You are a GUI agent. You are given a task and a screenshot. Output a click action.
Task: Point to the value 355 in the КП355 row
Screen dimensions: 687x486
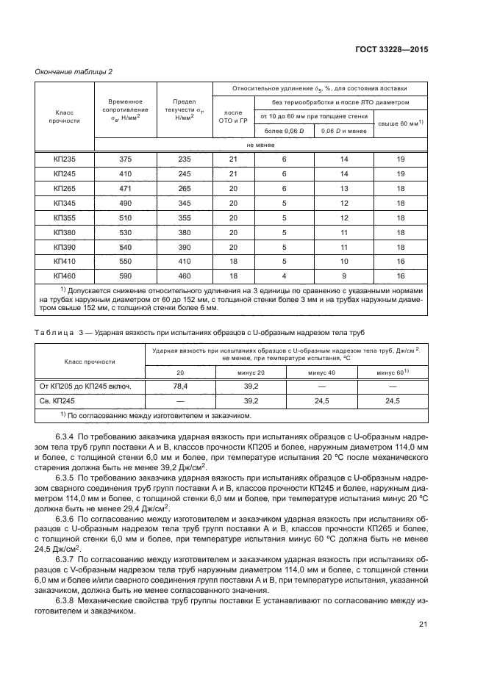[185, 217]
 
